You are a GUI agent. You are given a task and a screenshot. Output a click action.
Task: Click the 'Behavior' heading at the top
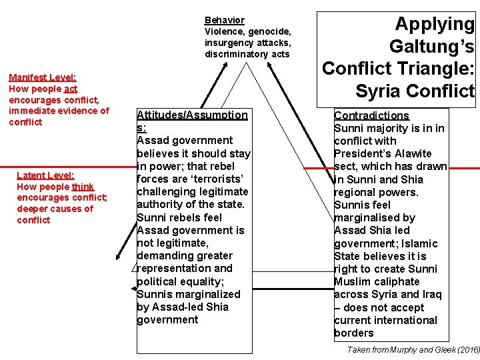(224, 21)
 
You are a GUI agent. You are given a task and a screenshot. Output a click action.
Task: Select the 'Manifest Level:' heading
(42, 77)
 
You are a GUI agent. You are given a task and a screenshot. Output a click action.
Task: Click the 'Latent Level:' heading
(45, 175)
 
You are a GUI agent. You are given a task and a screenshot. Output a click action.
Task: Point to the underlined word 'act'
(71, 89)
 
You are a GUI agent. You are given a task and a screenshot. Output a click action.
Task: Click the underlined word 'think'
(83, 187)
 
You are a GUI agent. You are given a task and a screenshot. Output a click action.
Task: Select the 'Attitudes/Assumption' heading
(192, 115)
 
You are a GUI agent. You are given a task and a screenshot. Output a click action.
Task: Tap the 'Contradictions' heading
(371, 115)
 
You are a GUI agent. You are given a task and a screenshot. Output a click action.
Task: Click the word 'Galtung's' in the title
(431, 46)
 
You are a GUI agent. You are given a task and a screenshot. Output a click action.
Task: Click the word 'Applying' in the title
(434, 24)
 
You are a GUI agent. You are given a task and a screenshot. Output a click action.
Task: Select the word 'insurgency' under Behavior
(227, 43)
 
